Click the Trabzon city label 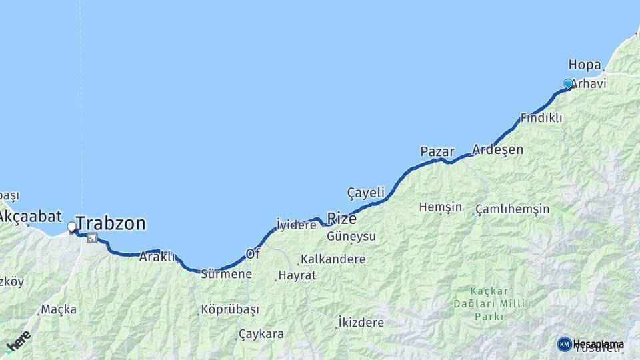click(x=111, y=223)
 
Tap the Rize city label click(x=341, y=219)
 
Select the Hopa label click(x=585, y=65)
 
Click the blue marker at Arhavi click(x=568, y=84)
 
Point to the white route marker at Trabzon click(x=72, y=227)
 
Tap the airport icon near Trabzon click(x=92, y=238)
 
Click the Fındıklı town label click(x=541, y=118)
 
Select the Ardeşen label click(x=497, y=149)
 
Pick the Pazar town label click(x=437, y=152)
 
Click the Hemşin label click(x=440, y=207)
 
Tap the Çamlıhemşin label click(x=513, y=209)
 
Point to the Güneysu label click(x=351, y=237)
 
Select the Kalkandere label click(x=333, y=259)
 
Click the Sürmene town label click(x=226, y=274)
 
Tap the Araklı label click(x=157, y=256)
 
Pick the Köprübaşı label click(x=230, y=309)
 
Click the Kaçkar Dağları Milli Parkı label click(x=489, y=303)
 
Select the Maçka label click(x=59, y=309)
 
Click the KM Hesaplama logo click(x=591, y=344)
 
